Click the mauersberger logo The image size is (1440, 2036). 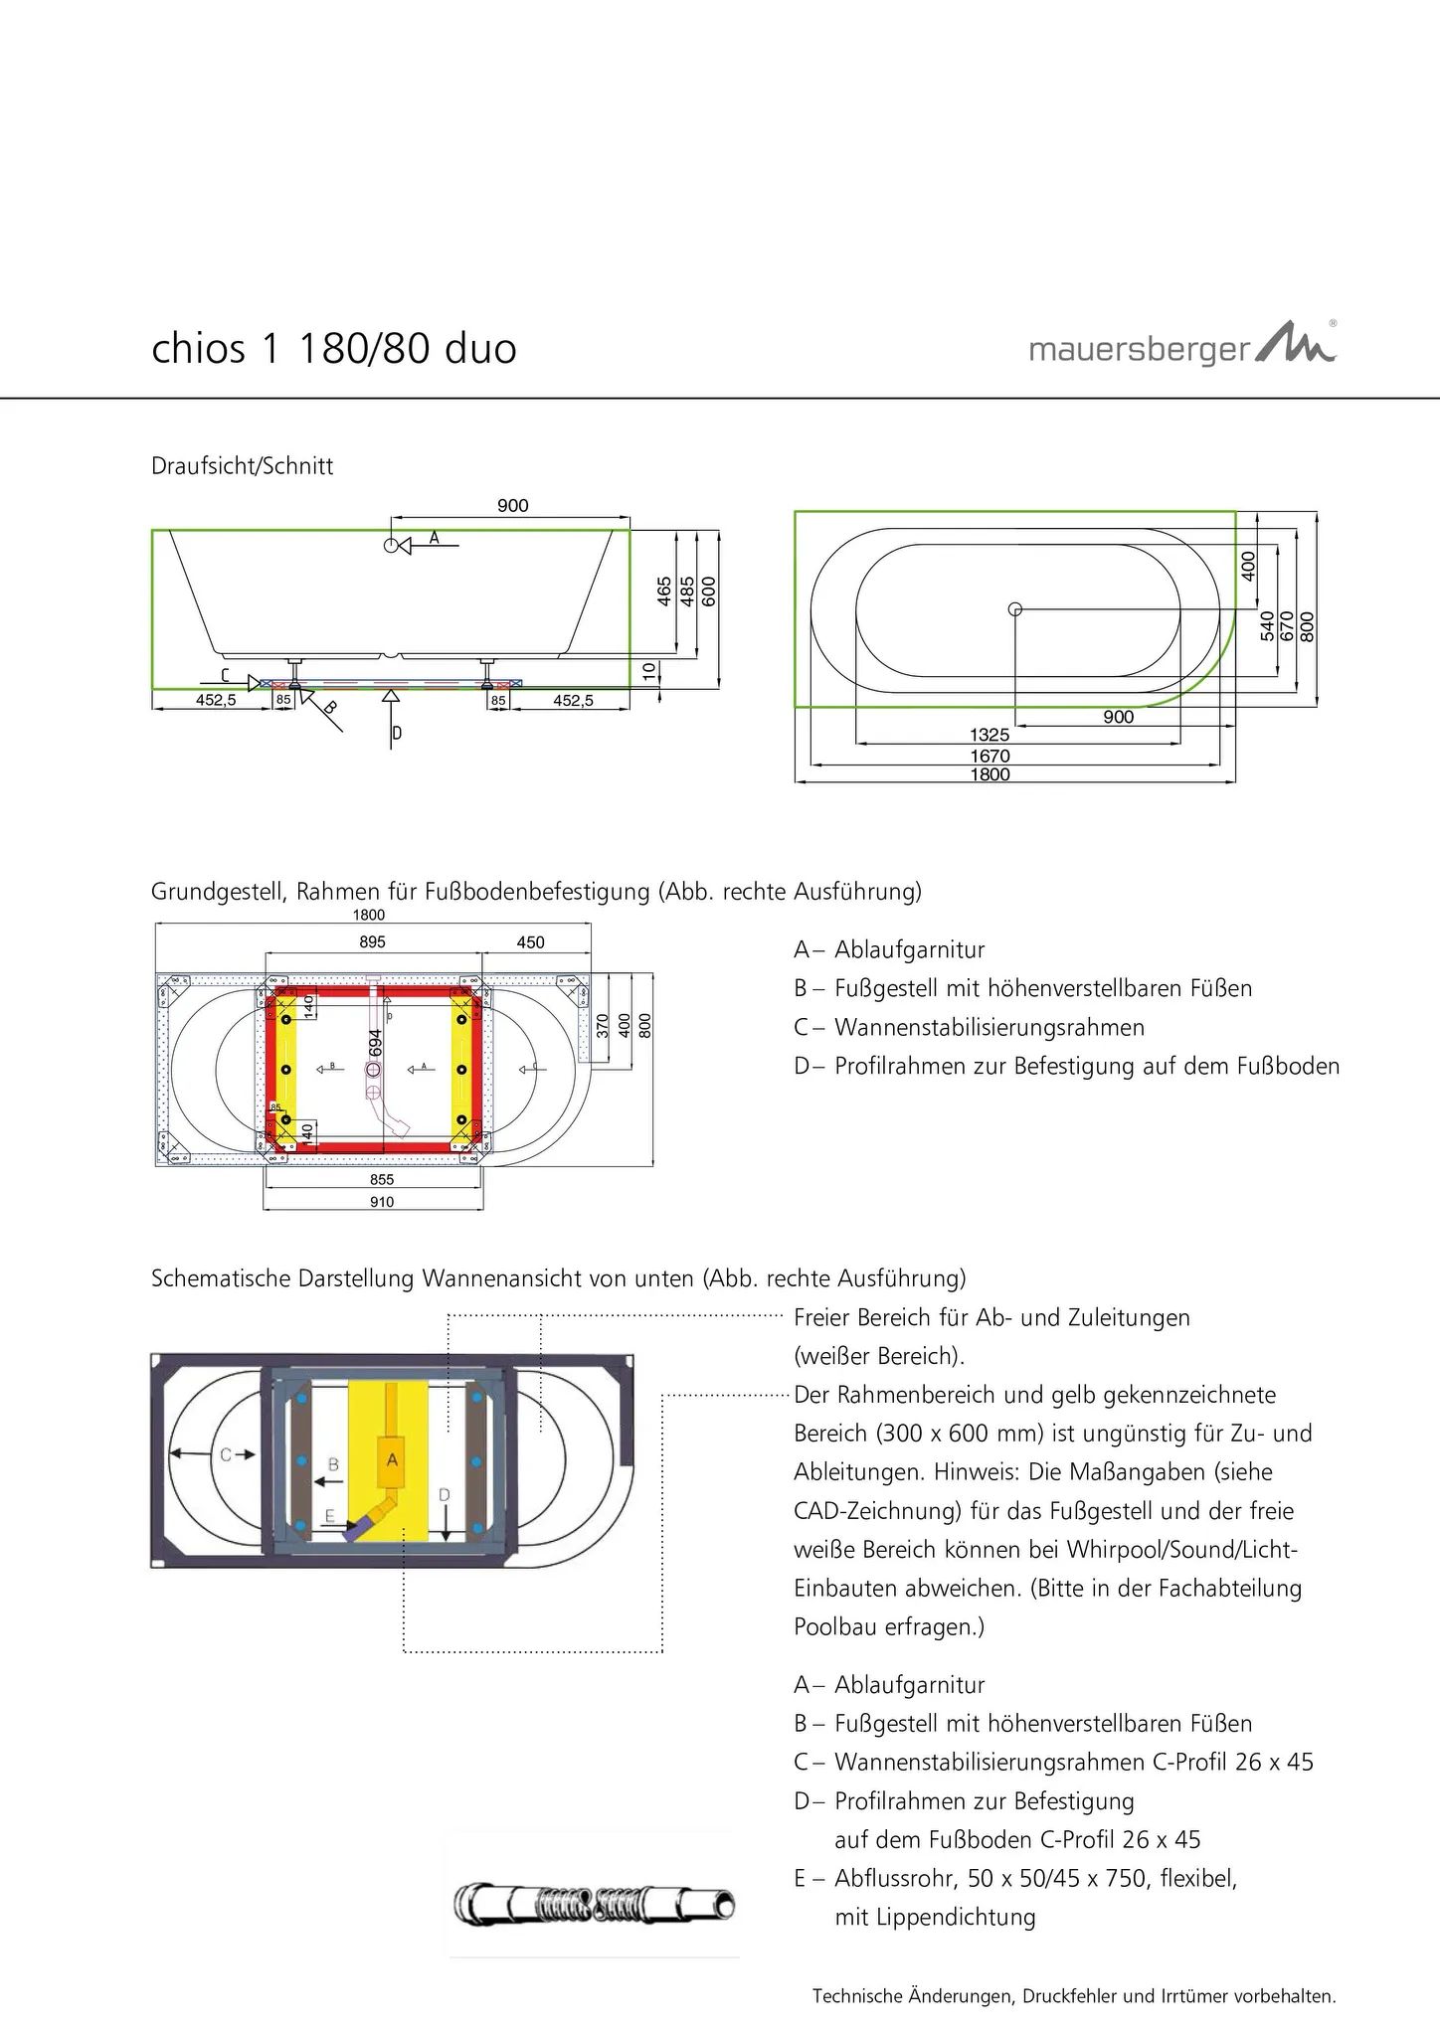(x=1181, y=346)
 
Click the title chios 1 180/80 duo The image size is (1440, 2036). (x=334, y=349)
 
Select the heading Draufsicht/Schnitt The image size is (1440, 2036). (x=242, y=466)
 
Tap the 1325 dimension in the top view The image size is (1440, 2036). (x=990, y=735)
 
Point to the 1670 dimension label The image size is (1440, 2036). (x=990, y=756)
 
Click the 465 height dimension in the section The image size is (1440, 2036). (x=664, y=591)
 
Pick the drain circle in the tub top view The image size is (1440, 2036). (x=1014, y=608)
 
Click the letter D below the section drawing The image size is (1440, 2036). (x=397, y=734)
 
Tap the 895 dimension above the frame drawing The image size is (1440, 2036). (x=372, y=941)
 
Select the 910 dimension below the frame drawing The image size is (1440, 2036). (x=382, y=1202)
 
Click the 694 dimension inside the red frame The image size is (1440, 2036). (x=375, y=1042)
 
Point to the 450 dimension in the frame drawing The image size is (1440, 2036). (x=530, y=941)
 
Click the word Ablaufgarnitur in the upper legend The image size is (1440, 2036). (x=909, y=949)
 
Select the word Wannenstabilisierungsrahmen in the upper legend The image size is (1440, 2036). (x=989, y=1027)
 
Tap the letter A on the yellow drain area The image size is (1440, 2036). (x=392, y=1459)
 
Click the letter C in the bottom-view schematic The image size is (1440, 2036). (x=226, y=1454)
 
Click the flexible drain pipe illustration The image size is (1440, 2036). (x=595, y=1905)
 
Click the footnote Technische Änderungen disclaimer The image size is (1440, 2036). (x=1073, y=1995)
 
